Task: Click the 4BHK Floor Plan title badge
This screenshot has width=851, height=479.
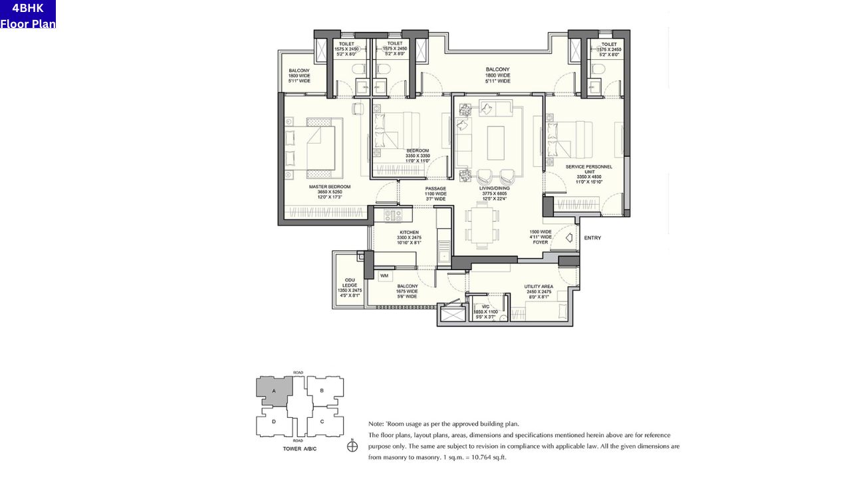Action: point(28,15)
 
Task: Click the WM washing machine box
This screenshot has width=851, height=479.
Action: point(384,275)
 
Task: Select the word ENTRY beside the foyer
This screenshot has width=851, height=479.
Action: point(592,238)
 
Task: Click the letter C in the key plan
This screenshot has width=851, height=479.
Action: point(322,421)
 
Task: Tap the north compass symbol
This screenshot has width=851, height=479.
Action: point(352,446)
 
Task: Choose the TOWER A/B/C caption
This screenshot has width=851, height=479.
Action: point(300,449)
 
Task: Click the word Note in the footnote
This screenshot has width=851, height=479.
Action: point(376,424)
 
